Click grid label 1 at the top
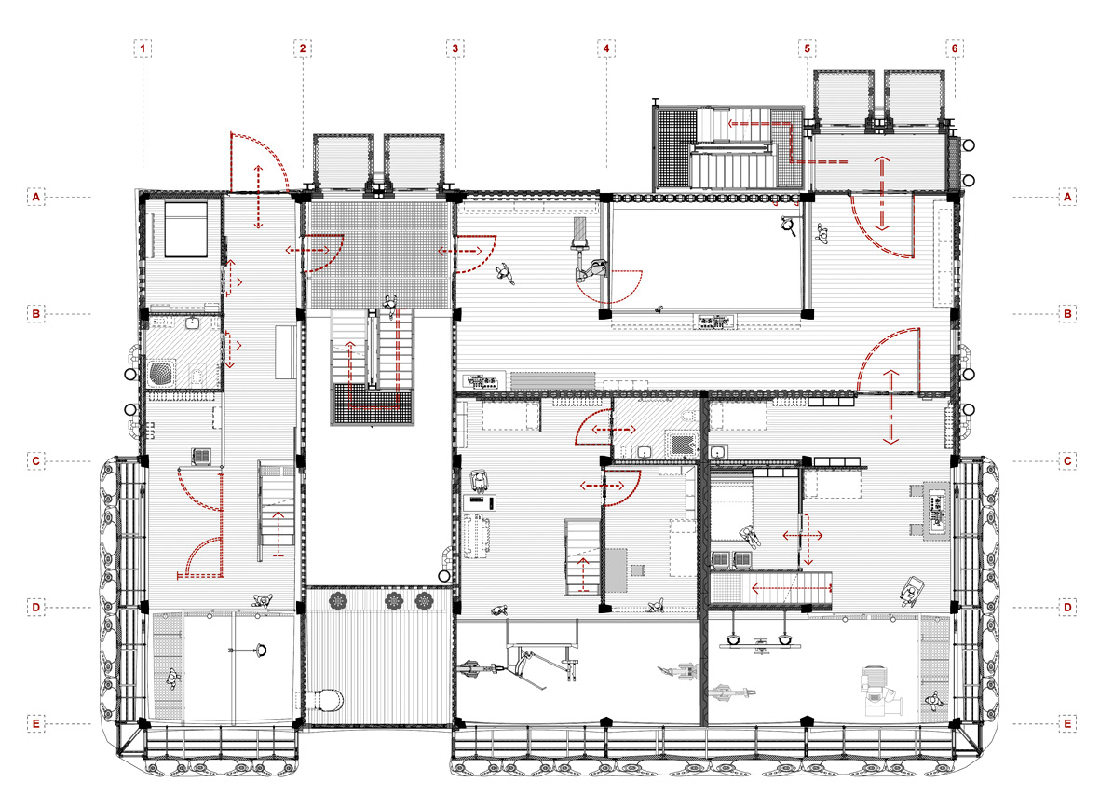[x=143, y=48]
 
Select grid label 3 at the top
[x=455, y=48]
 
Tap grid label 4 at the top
[x=607, y=48]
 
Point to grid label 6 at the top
[x=954, y=48]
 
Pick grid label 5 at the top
[x=807, y=48]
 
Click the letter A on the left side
[x=36, y=197]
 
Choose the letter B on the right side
[x=1067, y=314]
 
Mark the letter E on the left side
[x=36, y=723]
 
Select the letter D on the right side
[x=1067, y=608]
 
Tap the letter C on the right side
[x=1067, y=461]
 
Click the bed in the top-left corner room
[x=186, y=229]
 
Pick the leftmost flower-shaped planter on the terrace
[x=339, y=600]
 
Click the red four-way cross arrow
[x=804, y=537]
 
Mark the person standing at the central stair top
[x=390, y=304]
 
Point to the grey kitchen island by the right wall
[x=937, y=510]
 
